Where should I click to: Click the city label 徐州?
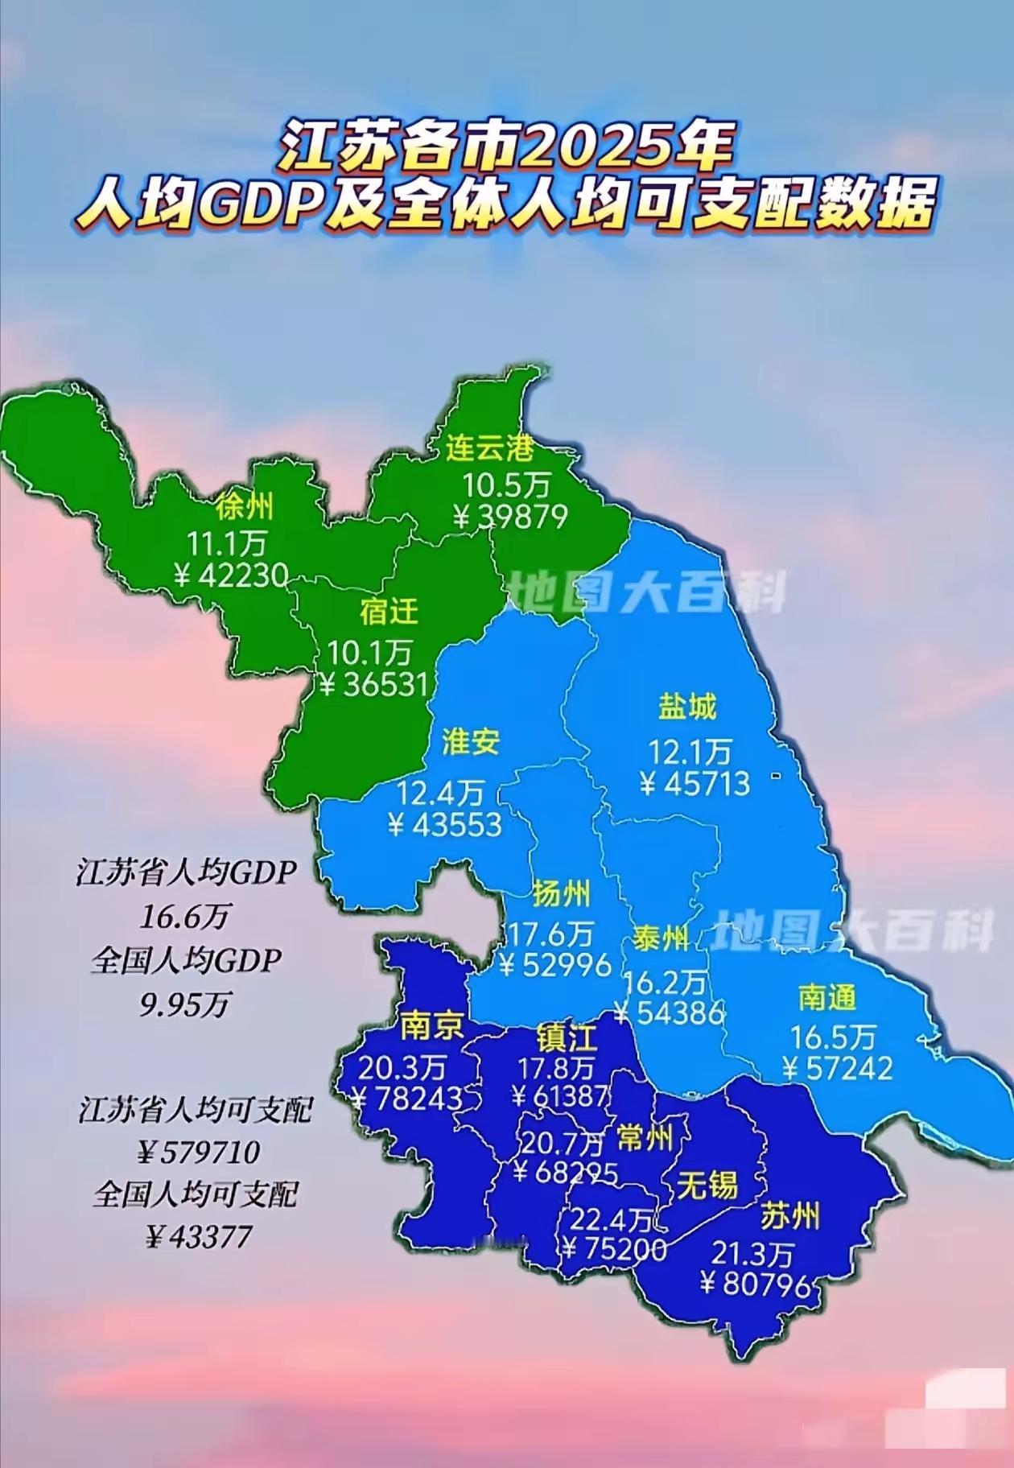[x=244, y=507]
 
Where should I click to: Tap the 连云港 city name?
[x=490, y=447]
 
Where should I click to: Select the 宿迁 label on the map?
[x=390, y=612]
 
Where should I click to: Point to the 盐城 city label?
[x=686, y=707]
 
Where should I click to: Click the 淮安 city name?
[x=471, y=742]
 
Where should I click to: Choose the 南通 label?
[x=826, y=997]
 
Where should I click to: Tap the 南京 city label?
[x=432, y=1025]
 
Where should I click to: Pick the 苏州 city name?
[x=789, y=1216]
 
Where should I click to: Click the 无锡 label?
[x=707, y=1185]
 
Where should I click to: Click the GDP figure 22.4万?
[x=611, y=1221]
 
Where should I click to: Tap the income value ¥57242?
[x=837, y=1068]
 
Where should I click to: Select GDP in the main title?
[x=256, y=205]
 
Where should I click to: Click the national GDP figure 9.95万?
[x=185, y=1004]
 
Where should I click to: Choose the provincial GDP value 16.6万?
[x=186, y=916]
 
